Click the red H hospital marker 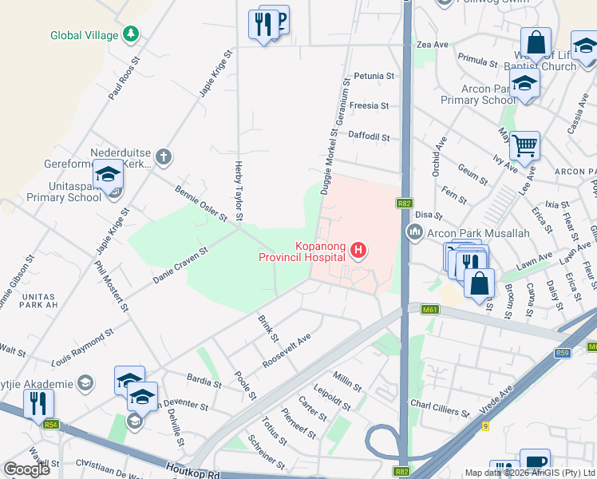pyautogui.click(x=358, y=251)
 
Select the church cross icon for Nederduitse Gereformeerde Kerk pyautogui.click(x=164, y=156)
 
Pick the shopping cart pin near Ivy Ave pyautogui.click(x=524, y=146)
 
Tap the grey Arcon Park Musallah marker pyautogui.click(x=415, y=232)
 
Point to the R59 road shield pyautogui.click(x=564, y=352)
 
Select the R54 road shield pyautogui.click(x=52, y=424)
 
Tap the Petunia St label pyautogui.click(x=375, y=76)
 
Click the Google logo pyautogui.click(x=26, y=469)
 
